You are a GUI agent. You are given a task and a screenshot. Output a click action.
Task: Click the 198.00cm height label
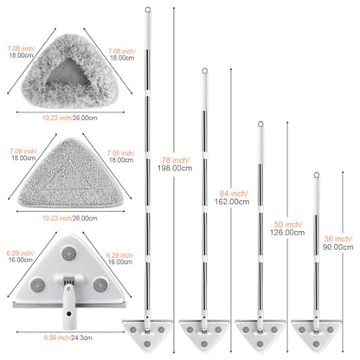[x=175, y=168]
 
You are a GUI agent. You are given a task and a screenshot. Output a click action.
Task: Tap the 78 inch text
[x=176, y=160]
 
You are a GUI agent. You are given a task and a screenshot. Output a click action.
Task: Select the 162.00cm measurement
[x=232, y=202]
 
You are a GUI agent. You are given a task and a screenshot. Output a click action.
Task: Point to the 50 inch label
[x=288, y=224]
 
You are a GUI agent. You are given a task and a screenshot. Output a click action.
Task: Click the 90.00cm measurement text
[x=337, y=247]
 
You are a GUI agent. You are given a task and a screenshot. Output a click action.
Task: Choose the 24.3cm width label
[x=81, y=337]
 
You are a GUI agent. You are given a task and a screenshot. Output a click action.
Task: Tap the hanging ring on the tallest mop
[x=148, y=10]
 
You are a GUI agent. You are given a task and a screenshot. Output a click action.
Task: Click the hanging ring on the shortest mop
[x=317, y=175]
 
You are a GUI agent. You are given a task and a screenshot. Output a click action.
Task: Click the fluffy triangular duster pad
[x=69, y=71]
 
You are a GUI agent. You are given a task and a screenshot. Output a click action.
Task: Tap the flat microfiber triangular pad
[x=70, y=174]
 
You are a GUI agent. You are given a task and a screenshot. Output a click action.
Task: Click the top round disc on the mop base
[x=68, y=254]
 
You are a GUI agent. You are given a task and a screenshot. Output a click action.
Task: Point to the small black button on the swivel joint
[x=68, y=313]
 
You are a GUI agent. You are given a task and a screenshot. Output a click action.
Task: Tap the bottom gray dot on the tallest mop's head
[x=147, y=344]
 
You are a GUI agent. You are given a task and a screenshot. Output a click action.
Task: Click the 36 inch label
[x=337, y=239]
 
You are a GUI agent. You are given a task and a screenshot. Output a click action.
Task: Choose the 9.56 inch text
[x=57, y=337]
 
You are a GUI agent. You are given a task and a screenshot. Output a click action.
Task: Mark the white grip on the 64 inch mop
[x=204, y=92]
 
